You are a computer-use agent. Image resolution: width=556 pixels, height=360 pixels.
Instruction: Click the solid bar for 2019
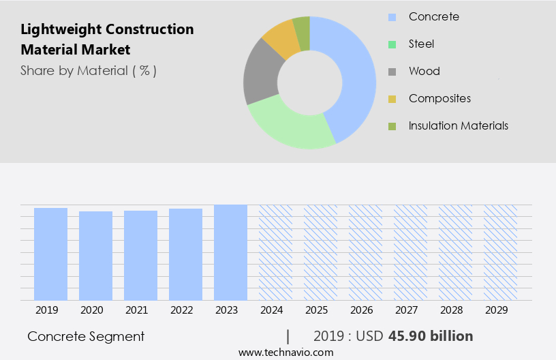(x=50, y=254)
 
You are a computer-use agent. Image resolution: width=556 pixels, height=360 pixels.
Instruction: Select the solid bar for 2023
(x=230, y=252)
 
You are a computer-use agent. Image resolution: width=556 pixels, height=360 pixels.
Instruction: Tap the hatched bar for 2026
(x=365, y=252)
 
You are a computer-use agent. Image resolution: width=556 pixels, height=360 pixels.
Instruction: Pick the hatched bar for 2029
(x=500, y=252)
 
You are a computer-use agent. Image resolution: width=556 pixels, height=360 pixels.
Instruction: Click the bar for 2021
(x=140, y=255)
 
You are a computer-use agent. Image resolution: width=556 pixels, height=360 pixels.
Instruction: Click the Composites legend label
(x=439, y=98)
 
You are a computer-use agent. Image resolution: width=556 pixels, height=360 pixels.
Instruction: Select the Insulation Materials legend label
(x=458, y=125)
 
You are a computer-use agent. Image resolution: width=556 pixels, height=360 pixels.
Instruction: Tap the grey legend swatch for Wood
(x=392, y=72)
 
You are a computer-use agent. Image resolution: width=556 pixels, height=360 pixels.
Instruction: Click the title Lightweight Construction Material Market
(x=107, y=40)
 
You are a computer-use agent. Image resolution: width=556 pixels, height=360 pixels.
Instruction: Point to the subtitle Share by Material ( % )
(x=89, y=70)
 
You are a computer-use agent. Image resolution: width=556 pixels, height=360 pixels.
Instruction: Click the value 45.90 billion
(x=431, y=336)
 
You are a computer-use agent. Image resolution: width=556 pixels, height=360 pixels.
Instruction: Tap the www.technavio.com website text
(x=286, y=352)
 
